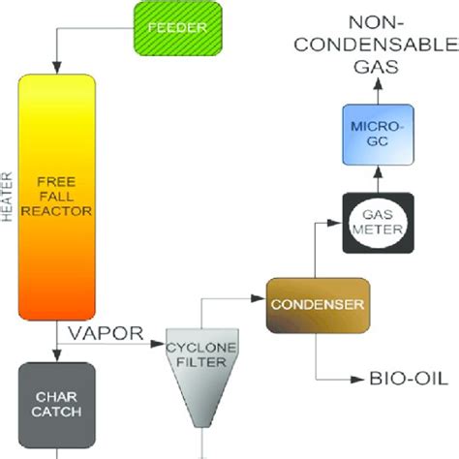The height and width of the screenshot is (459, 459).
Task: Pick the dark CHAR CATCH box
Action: click(57, 401)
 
